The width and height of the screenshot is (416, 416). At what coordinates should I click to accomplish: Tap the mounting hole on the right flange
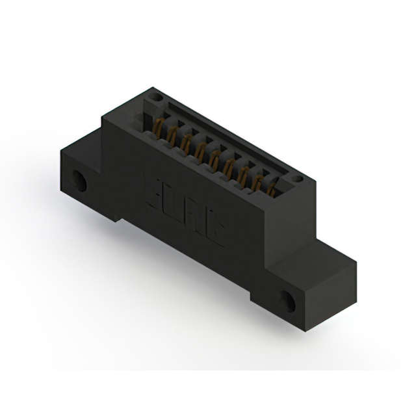289,300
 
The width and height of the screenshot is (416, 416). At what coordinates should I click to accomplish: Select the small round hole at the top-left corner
155,97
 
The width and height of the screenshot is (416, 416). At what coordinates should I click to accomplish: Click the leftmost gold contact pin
158,125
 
